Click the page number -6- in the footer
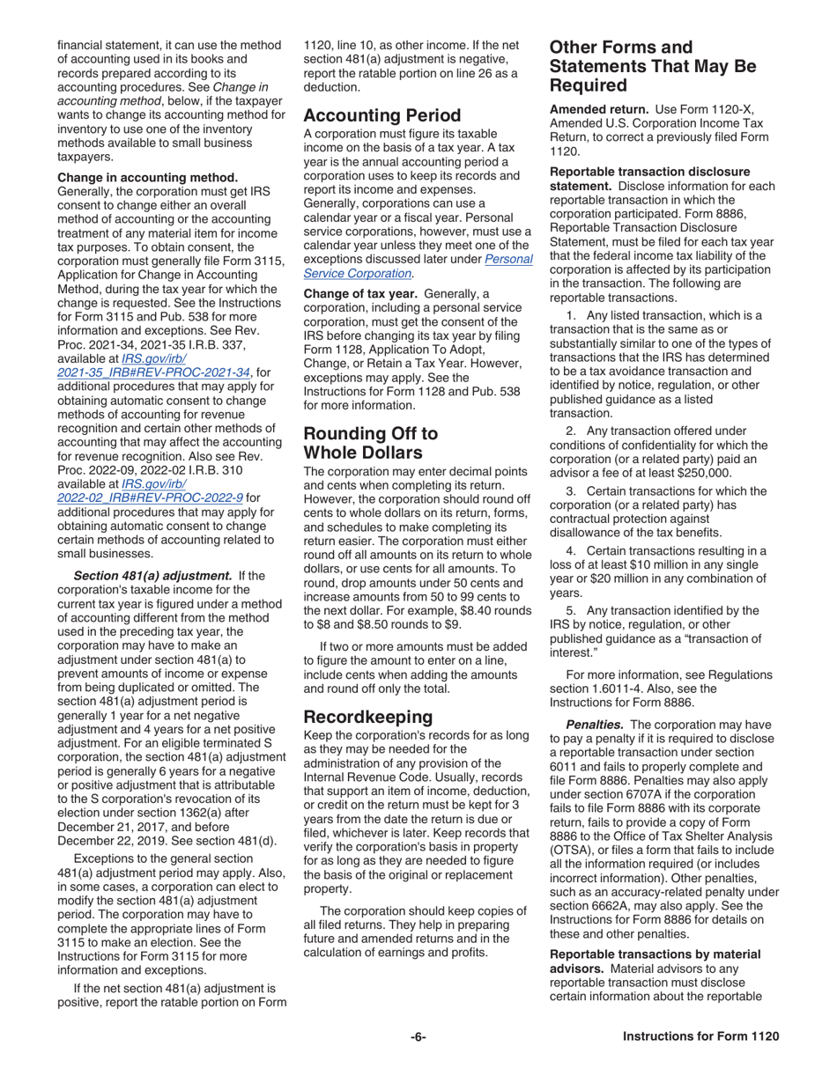click(418, 1036)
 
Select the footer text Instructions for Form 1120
click(700, 1036)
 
